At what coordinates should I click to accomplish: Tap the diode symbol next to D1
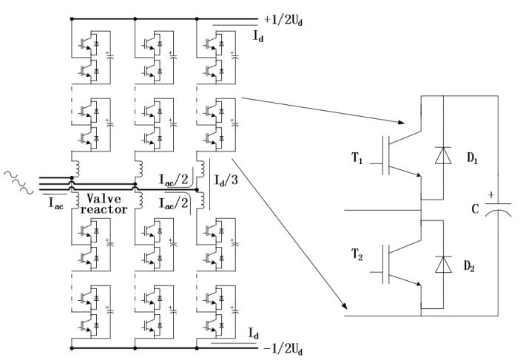coord(443,155)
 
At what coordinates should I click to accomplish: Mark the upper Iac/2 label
coord(174,180)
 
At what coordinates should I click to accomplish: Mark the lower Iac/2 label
coord(174,203)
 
